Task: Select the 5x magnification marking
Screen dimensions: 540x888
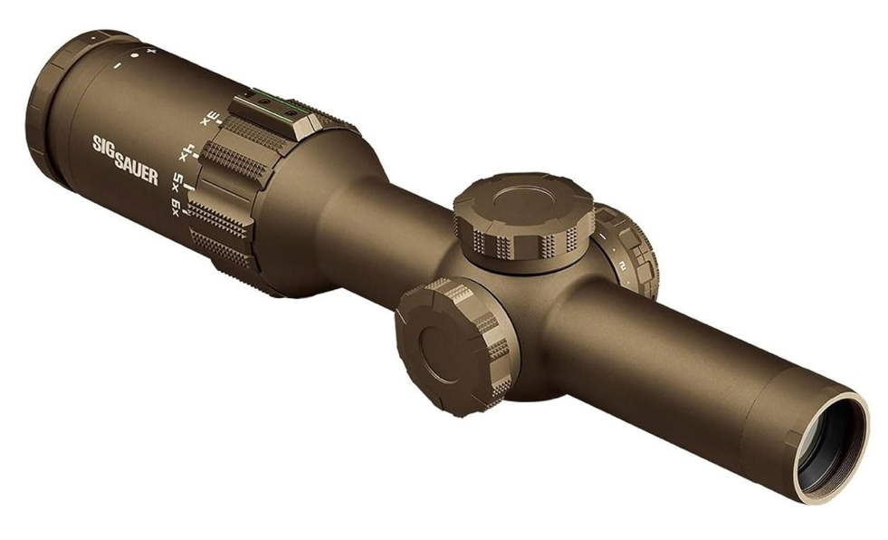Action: coord(178,181)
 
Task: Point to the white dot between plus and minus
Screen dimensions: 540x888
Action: coord(135,57)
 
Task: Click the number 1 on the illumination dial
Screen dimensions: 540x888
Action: coord(601,237)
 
